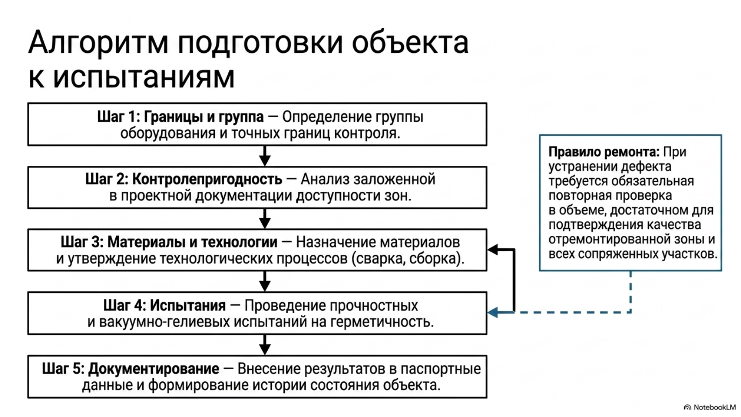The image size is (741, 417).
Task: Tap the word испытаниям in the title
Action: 144,77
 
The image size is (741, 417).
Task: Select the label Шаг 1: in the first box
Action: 119,117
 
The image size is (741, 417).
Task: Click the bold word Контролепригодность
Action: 207,179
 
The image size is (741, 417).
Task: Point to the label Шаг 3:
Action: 82,242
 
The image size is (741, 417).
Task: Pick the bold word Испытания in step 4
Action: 188,305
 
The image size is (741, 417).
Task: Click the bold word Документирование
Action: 153,369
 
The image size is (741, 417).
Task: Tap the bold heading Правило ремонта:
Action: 604,152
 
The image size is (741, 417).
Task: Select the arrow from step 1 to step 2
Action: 264,156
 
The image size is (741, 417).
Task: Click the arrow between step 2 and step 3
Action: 264,218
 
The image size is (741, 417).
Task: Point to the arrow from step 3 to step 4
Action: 264,281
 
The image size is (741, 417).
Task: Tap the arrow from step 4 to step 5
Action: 264,345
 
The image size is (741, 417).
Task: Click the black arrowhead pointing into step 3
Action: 493,250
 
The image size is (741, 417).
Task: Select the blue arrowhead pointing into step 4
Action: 493,312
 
